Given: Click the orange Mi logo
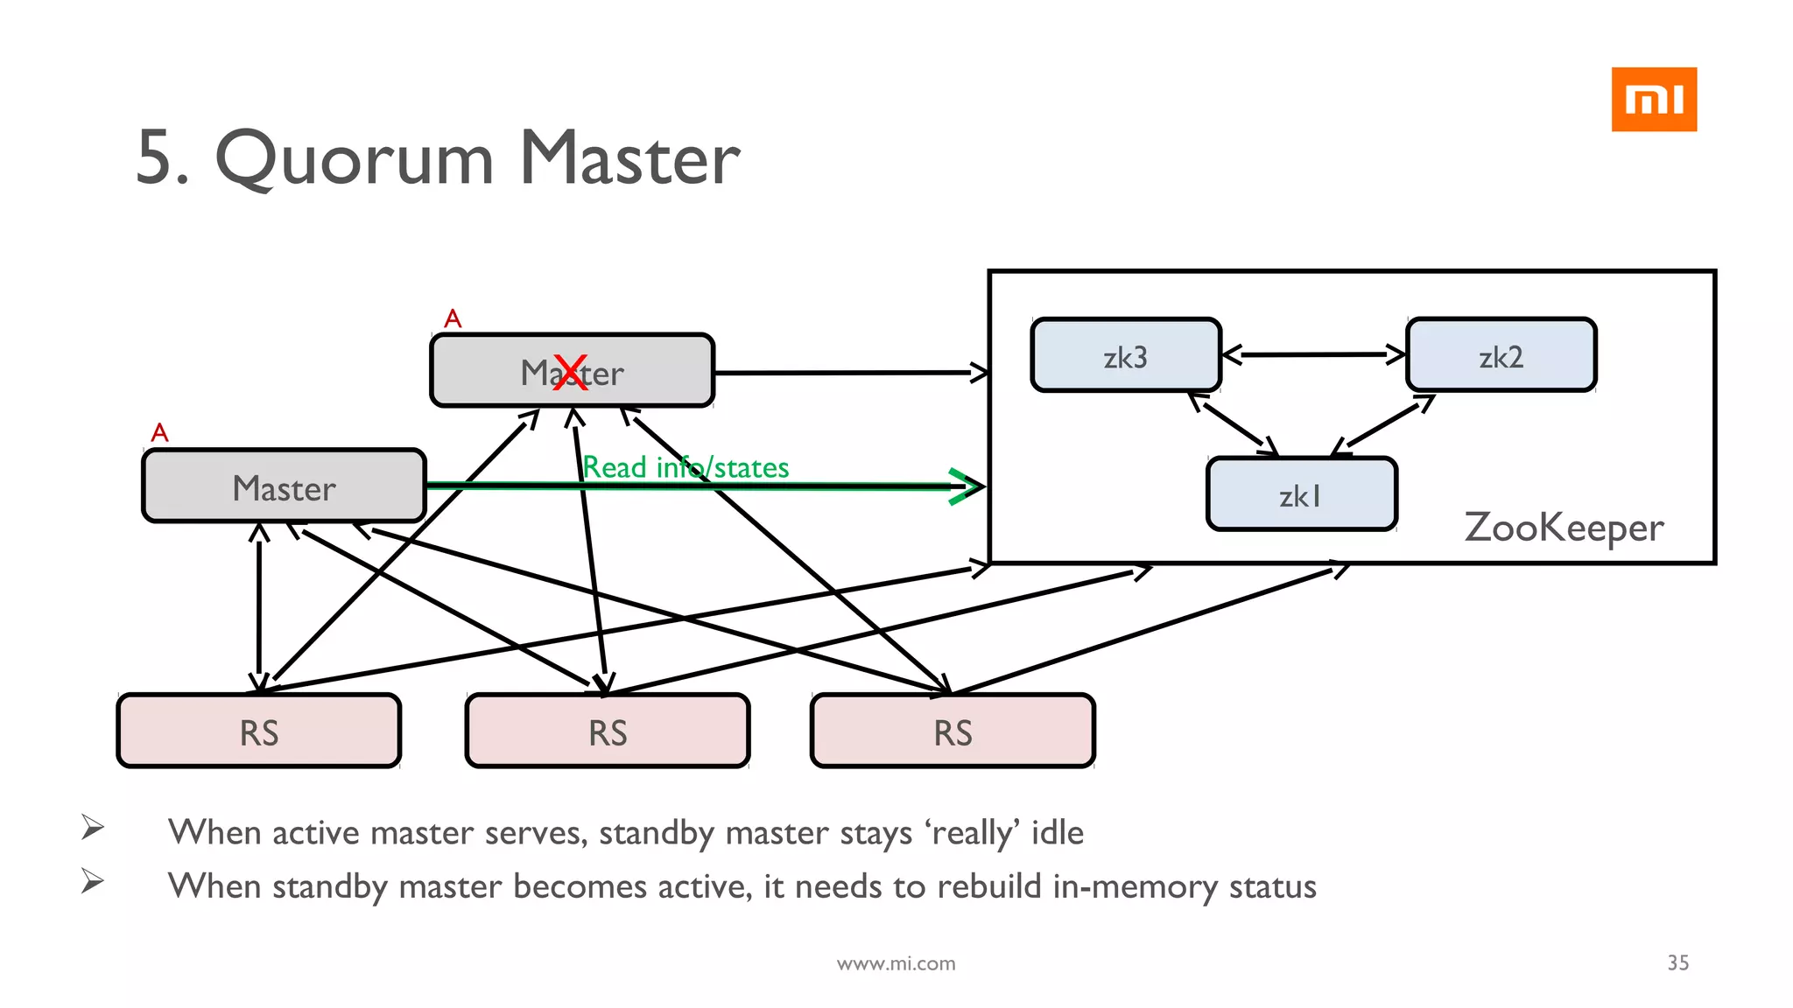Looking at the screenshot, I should (1653, 99).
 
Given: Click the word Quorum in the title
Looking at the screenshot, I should (355, 159).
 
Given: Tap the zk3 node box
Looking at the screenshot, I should (1125, 355).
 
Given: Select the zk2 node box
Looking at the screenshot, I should (1501, 355).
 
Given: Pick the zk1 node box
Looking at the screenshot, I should (1301, 494).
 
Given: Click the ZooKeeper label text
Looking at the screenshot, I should (1564, 528).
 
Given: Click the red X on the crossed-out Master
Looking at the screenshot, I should (571, 373).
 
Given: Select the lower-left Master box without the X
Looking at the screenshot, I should (284, 486).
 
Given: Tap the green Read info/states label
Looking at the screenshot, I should (686, 467).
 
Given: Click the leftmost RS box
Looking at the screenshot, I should (259, 731).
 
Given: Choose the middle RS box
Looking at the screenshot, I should (608, 731).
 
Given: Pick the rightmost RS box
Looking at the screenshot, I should (953, 731).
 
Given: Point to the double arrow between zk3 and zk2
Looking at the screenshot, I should (1313, 354).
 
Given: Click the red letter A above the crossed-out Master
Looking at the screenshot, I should (453, 318).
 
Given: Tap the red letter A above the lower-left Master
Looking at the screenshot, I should (159, 432).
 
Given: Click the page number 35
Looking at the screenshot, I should (1677, 962).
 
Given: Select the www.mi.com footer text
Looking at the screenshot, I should (896, 963).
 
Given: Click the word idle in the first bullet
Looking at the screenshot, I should (1057, 832).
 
